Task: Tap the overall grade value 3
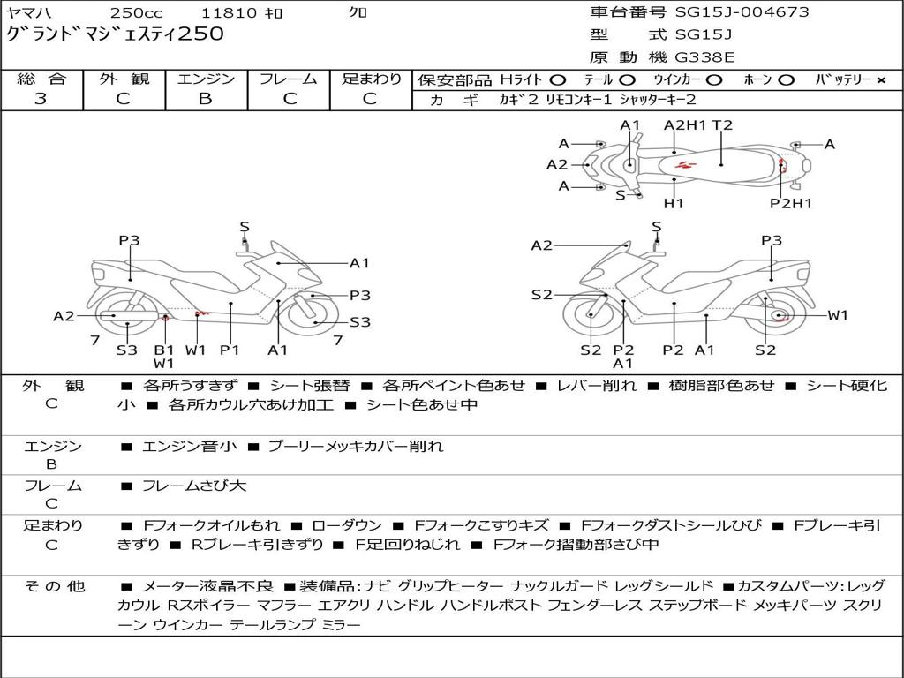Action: pos(41,99)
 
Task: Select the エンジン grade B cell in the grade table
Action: pos(205,99)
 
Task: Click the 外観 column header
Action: pos(123,79)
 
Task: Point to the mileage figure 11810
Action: pos(229,13)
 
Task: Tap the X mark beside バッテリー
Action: pos(880,80)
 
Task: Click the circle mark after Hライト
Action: pos(558,80)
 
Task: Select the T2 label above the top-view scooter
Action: pos(722,125)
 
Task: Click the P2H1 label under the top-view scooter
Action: pos(790,204)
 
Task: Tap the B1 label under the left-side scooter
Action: pos(164,350)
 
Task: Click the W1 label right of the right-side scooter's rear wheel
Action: pos(837,315)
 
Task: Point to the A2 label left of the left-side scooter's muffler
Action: pos(64,315)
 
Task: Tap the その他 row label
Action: pos(53,586)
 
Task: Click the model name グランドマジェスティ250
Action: pos(116,34)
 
